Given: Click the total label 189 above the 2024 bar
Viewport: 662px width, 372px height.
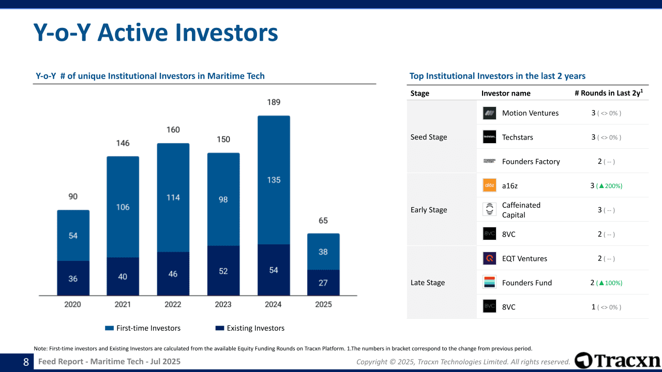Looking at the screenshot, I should click(274, 102).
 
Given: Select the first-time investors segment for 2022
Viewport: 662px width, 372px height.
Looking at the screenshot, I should click(173, 197).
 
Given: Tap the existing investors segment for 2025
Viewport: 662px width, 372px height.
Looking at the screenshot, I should click(323, 283).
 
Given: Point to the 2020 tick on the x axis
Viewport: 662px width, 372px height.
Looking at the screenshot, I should click(73, 304).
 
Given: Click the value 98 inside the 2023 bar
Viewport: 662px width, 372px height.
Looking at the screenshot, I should click(223, 199).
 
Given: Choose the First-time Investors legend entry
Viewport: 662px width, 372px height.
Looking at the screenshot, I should click(143, 328).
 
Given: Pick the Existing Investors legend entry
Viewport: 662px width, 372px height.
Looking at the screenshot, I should click(250, 328).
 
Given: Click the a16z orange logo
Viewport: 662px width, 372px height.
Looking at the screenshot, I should click(489, 185).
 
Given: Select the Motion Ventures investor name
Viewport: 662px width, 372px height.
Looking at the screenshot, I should click(530, 113).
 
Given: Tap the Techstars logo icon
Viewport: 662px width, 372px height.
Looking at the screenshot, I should click(489, 137).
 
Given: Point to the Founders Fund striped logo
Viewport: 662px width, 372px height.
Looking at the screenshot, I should click(489, 283).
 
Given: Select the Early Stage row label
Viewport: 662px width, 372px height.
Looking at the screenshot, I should click(429, 210).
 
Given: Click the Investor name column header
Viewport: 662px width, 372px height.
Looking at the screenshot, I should click(506, 93).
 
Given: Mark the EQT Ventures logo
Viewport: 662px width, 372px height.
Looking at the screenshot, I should click(489, 258).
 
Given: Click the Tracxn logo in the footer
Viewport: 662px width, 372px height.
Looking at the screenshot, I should click(618, 361).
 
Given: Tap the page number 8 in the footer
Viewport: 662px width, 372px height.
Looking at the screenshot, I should click(26, 362).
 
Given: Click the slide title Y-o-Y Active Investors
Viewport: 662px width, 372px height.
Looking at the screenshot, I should click(156, 33).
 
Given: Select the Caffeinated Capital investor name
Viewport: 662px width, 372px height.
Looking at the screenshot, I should click(521, 210).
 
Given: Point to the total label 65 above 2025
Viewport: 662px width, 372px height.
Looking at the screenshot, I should click(323, 221).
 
